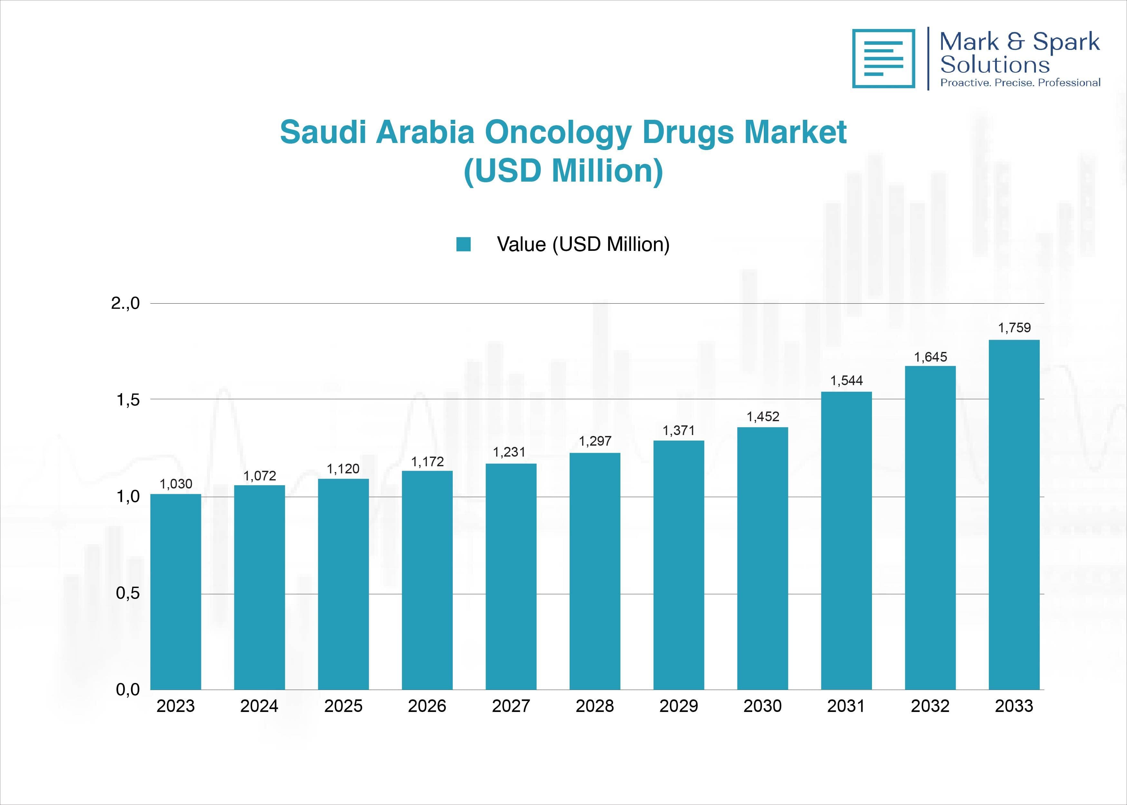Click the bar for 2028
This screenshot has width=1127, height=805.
point(595,571)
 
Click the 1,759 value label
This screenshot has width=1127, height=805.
point(1014,328)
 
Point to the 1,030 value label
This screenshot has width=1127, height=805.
point(175,484)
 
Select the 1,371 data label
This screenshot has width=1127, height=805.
point(678,430)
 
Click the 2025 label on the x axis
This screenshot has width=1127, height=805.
point(343,706)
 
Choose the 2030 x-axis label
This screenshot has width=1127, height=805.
point(762,706)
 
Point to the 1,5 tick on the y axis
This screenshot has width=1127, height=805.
point(128,400)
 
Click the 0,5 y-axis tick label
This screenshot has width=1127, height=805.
point(128,593)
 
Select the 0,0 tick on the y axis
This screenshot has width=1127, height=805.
point(128,689)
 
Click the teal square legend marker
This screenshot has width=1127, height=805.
point(463,244)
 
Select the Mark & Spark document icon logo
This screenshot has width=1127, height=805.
point(883,59)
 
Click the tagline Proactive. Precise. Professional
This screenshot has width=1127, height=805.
point(1020,83)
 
